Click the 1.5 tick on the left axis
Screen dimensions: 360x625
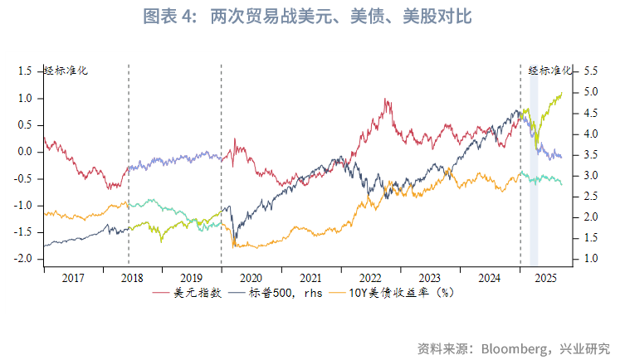pyautogui.click(x=24, y=71)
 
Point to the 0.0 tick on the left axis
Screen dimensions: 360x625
pyautogui.click(x=24, y=152)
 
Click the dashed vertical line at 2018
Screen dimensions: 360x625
pyautogui.click(x=129, y=166)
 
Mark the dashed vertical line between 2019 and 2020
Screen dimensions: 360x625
pyautogui.click(x=221, y=166)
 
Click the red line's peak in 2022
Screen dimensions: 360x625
pyautogui.click(x=387, y=99)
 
